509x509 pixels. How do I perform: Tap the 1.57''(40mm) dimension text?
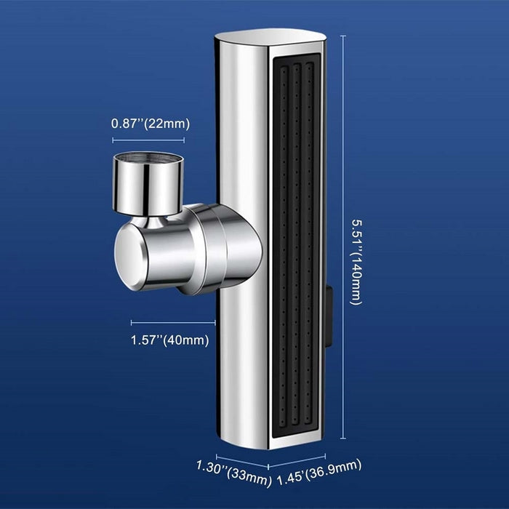(170, 340)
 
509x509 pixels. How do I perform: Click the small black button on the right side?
(329, 315)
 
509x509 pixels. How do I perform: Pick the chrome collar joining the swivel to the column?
(218, 247)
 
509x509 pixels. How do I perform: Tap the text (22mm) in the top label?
(167, 124)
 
